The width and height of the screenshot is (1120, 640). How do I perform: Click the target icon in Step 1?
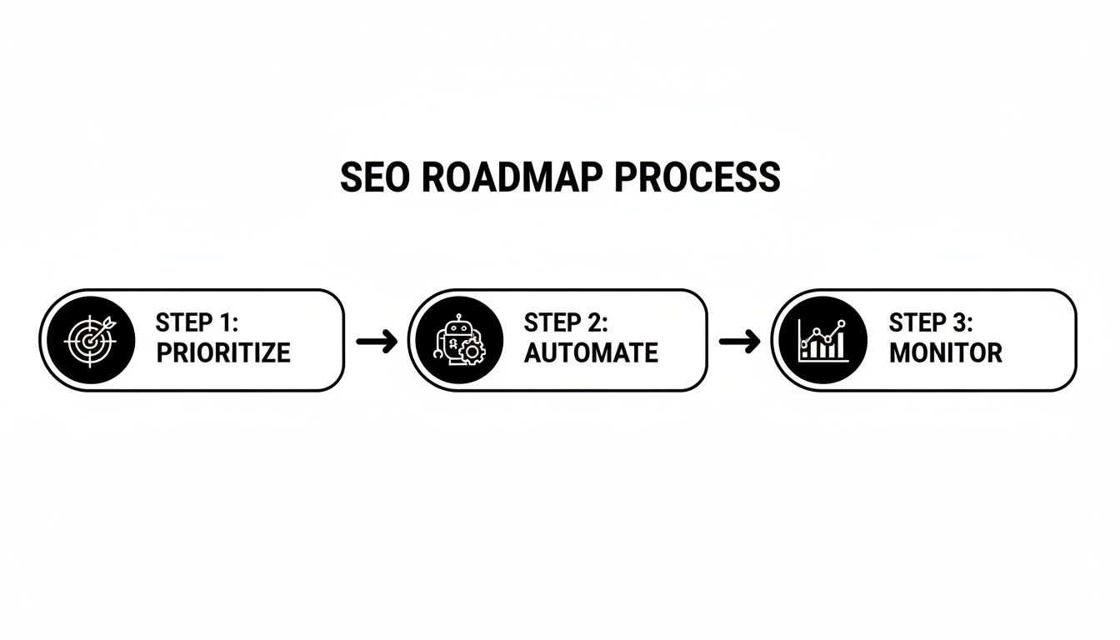click(90, 340)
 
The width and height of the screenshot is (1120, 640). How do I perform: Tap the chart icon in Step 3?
click(822, 340)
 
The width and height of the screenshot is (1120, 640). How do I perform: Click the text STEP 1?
click(197, 323)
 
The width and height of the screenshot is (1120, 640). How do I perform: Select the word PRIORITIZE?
click(222, 352)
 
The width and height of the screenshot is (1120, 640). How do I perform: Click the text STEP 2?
click(566, 323)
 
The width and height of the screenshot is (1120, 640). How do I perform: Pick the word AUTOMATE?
click(591, 352)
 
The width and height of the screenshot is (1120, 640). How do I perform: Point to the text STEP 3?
click(930, 323)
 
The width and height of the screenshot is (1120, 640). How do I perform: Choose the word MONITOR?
click(945, 352)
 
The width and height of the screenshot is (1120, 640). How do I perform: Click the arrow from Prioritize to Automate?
click(376, 341)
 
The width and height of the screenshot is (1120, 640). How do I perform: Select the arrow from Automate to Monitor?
click(739, 341)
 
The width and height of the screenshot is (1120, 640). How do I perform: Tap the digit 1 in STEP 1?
click(227, 323)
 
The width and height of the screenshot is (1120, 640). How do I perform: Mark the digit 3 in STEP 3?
click(959, 323)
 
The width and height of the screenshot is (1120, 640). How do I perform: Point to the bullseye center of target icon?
click(87, 342)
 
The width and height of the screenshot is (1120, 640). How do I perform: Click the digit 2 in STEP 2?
click(596, 323)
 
